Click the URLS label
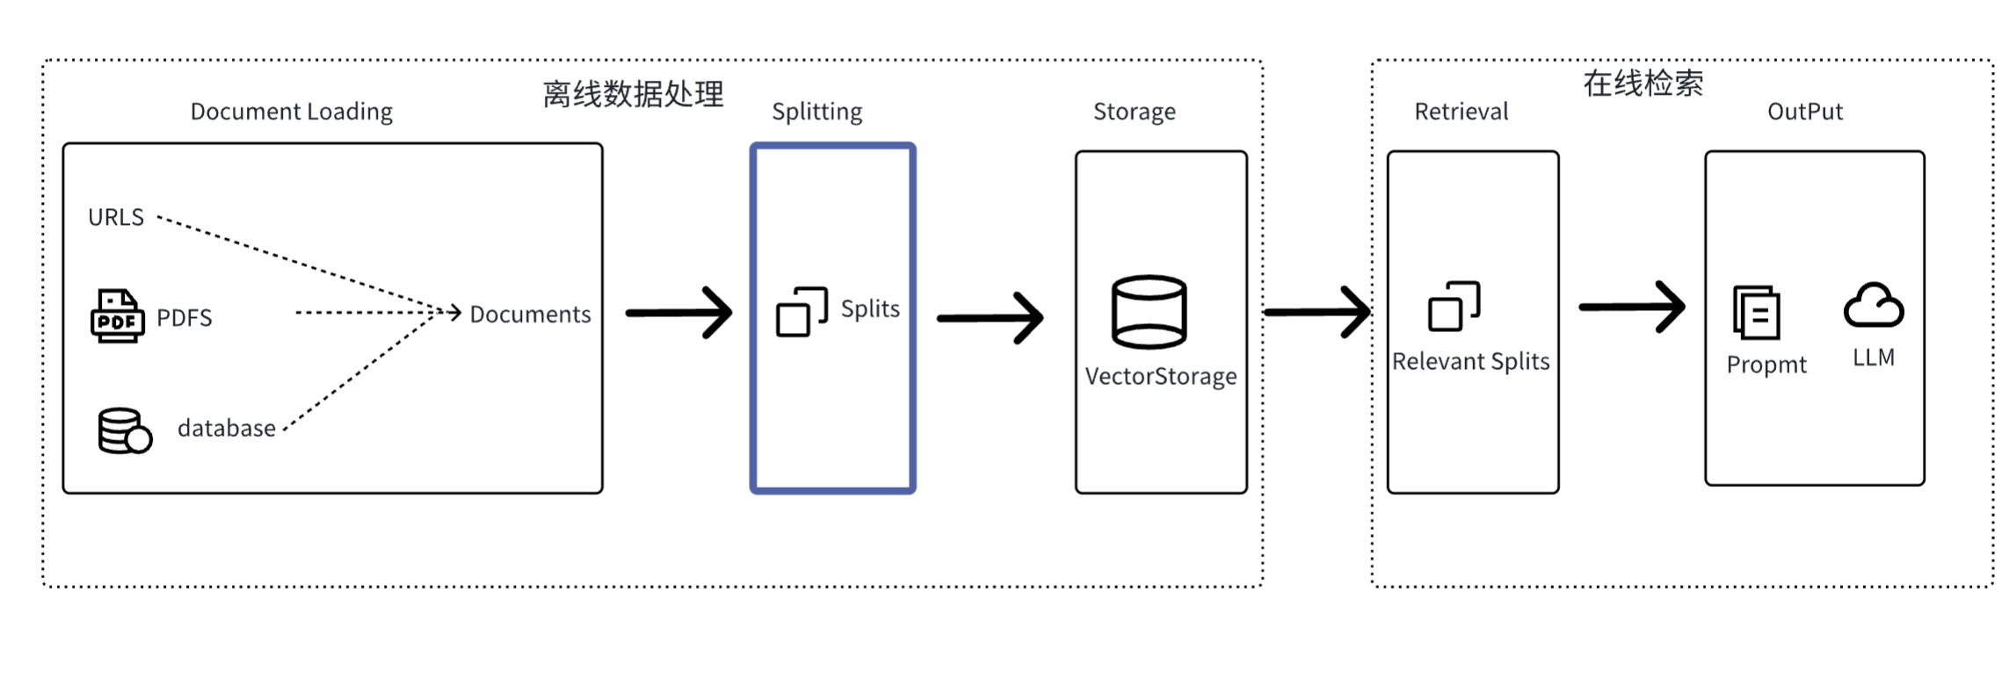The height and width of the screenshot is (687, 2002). coord(116,217)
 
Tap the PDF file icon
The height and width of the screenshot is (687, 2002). coord(117,315)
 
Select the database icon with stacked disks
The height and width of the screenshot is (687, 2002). coord(124,430)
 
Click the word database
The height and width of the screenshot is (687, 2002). coord(226,428)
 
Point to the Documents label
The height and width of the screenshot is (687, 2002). coord(530,315)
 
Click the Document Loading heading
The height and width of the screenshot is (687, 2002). coord(292,112)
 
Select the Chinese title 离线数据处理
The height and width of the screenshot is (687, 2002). coord(633,94)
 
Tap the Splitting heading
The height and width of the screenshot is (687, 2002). coord(816,112)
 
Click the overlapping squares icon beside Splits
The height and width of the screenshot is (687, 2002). coord(801,312)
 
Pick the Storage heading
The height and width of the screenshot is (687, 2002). coord(1134,112)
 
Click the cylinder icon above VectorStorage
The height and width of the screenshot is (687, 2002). coord(1149,312)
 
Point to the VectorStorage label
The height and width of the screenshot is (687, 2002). coord(1160,376)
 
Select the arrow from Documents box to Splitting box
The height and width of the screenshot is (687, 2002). coord(679,313)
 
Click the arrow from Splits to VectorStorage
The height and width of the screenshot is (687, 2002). coord(990,317)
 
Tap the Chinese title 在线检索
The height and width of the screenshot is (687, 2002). coord(1643,83)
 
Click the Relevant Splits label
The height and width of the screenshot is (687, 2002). coord(1470,361)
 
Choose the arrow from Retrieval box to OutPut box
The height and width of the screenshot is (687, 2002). coord(1632,307)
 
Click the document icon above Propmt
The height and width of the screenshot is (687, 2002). coord(1756,313)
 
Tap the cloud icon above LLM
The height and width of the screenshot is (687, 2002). coord(1873,306)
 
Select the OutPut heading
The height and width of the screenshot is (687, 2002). coord(1804,112)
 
